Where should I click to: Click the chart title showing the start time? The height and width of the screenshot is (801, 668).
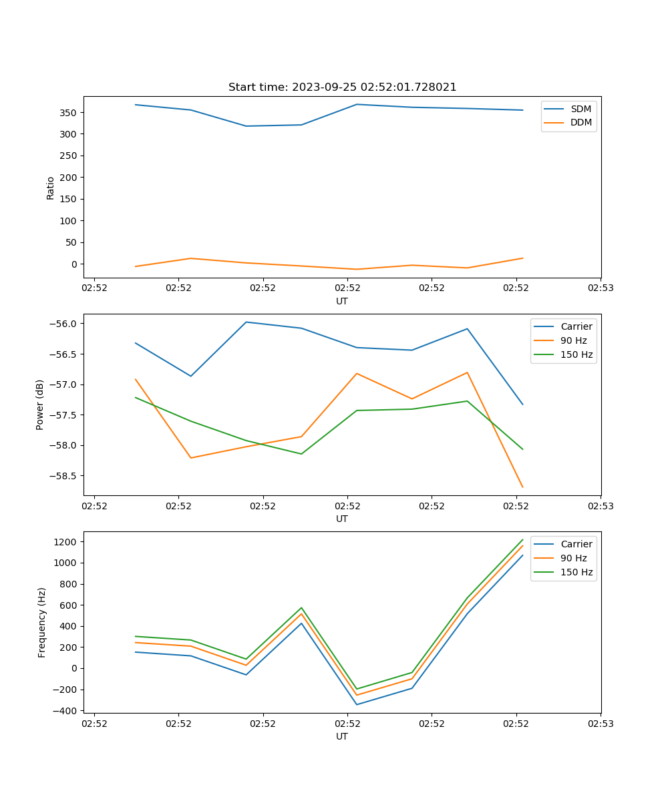tap(342, 87)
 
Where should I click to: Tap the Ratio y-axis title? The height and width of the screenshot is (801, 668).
tap(50, 188)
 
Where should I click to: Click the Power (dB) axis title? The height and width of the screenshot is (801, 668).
tap(40, 405)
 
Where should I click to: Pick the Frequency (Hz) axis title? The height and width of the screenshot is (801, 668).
tap(42, 622)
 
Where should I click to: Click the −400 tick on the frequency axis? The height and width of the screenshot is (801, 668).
tap(65, 711)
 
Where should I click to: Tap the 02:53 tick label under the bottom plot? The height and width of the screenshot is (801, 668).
tap(600, 724)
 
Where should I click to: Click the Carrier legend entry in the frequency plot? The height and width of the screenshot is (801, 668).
tap(576, 544)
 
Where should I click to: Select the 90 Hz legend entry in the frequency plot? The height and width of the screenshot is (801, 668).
tap(573, 558)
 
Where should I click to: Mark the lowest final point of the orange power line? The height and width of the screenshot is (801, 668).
tap(522, 487)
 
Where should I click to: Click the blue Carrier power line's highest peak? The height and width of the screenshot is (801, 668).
tap(246, 322)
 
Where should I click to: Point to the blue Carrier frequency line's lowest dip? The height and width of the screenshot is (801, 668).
tap(357, 704)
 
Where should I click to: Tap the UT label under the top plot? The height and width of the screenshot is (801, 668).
tap(342, 301)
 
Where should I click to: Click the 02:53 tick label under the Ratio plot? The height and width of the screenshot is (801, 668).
tap(600, 288)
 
